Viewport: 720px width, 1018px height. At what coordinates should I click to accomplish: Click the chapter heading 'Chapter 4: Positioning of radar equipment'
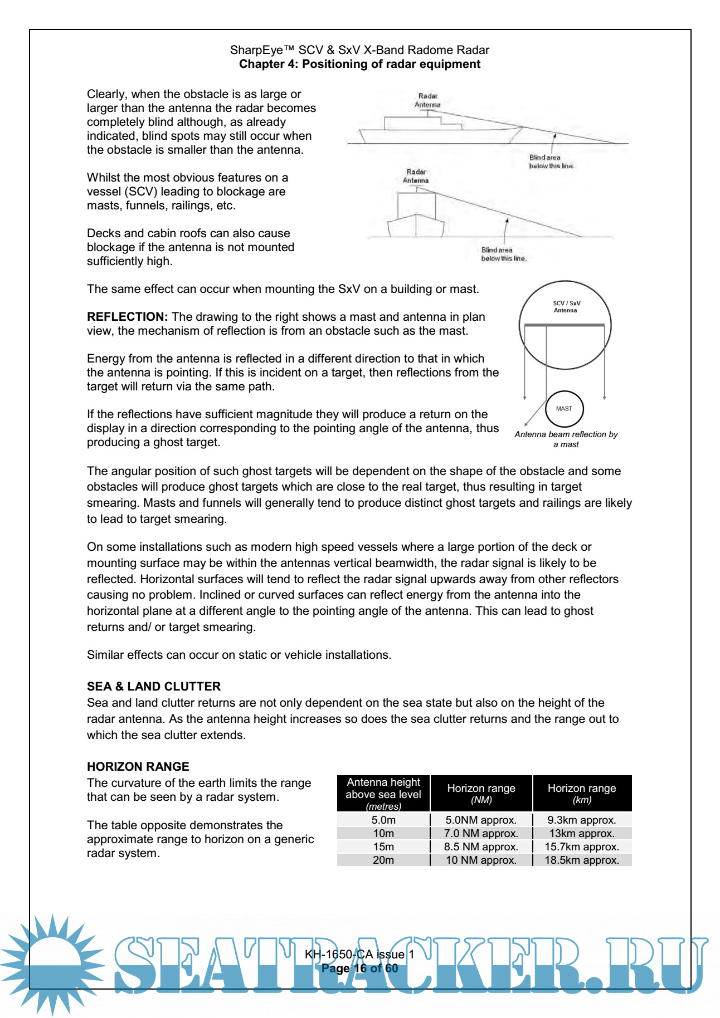coord(359,64)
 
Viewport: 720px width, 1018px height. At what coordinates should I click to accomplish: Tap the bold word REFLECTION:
coord(127,317)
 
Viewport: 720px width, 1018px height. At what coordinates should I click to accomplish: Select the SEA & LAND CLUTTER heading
coord(154,686)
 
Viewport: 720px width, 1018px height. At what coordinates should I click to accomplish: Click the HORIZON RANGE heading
coord(138,766)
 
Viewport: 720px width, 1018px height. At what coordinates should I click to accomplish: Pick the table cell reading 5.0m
coord(383,820)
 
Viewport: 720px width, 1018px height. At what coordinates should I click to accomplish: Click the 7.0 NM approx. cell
coord(481,833)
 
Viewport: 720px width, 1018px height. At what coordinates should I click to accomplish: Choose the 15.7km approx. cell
coord(582,846)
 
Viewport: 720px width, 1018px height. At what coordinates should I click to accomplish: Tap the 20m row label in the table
coord(383,860)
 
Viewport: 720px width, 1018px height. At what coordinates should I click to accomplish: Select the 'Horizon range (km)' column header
coord(582,794)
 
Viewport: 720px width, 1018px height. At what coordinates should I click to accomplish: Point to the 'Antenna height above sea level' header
coord(383,794)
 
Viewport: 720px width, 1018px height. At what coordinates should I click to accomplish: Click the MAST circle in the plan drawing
coord(564,409)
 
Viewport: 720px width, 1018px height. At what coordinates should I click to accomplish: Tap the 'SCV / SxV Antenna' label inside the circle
coord(566,307)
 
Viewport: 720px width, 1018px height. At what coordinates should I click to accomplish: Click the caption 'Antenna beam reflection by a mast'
coord(566,439)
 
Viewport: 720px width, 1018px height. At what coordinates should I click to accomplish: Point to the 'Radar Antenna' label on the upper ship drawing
coord(427,100)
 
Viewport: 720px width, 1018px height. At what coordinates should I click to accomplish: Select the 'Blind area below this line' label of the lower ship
coord(504,254)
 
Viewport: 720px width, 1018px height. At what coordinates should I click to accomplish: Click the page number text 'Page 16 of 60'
coord(359,968)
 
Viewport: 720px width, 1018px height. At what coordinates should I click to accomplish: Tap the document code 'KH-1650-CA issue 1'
coord(359,954)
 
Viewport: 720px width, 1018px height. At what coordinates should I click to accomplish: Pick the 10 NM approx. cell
coord(481,860)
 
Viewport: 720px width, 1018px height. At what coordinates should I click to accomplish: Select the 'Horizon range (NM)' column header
coord(481,794)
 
